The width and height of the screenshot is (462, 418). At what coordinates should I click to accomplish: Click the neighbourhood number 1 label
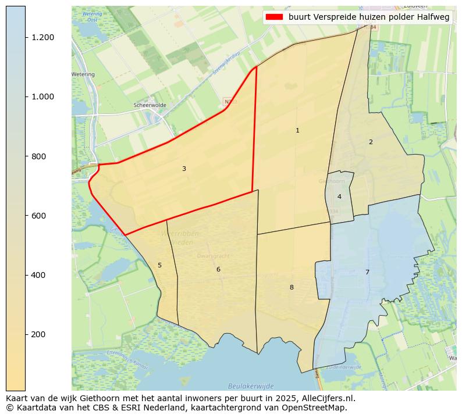tap(297, 131)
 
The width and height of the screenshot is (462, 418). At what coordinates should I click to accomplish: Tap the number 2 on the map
tap(371, 142)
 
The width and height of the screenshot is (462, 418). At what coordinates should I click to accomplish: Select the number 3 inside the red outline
tap(184, 169)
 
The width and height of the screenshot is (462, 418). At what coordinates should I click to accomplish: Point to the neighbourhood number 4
tap(339, 197)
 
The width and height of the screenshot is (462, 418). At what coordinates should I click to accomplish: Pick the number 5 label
tap(159, 266)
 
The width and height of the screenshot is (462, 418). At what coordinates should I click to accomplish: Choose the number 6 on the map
tap(218, 270)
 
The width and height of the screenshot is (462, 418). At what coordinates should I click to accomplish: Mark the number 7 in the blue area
tap(367, 273)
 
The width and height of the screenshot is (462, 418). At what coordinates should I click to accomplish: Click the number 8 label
tap(292, 288)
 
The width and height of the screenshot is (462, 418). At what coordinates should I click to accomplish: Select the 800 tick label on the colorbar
tap(39, 156)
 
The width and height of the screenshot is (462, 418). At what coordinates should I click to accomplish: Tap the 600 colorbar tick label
tap(39, 216)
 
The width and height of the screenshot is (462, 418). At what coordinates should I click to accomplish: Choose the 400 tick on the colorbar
tap(39, 275)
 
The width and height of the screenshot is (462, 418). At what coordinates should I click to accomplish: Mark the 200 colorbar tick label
tap(39, 334)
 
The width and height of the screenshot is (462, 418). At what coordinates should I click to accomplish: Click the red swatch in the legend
tap(274, 17)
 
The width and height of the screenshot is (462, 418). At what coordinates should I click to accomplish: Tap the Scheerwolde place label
tap(150, 105)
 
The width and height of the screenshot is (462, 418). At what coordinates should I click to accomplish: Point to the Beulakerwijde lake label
tap(251, 385)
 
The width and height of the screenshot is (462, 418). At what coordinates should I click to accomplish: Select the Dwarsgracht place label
tap(214, 255)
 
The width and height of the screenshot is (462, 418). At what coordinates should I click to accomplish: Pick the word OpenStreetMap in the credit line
tap(315, 408)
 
